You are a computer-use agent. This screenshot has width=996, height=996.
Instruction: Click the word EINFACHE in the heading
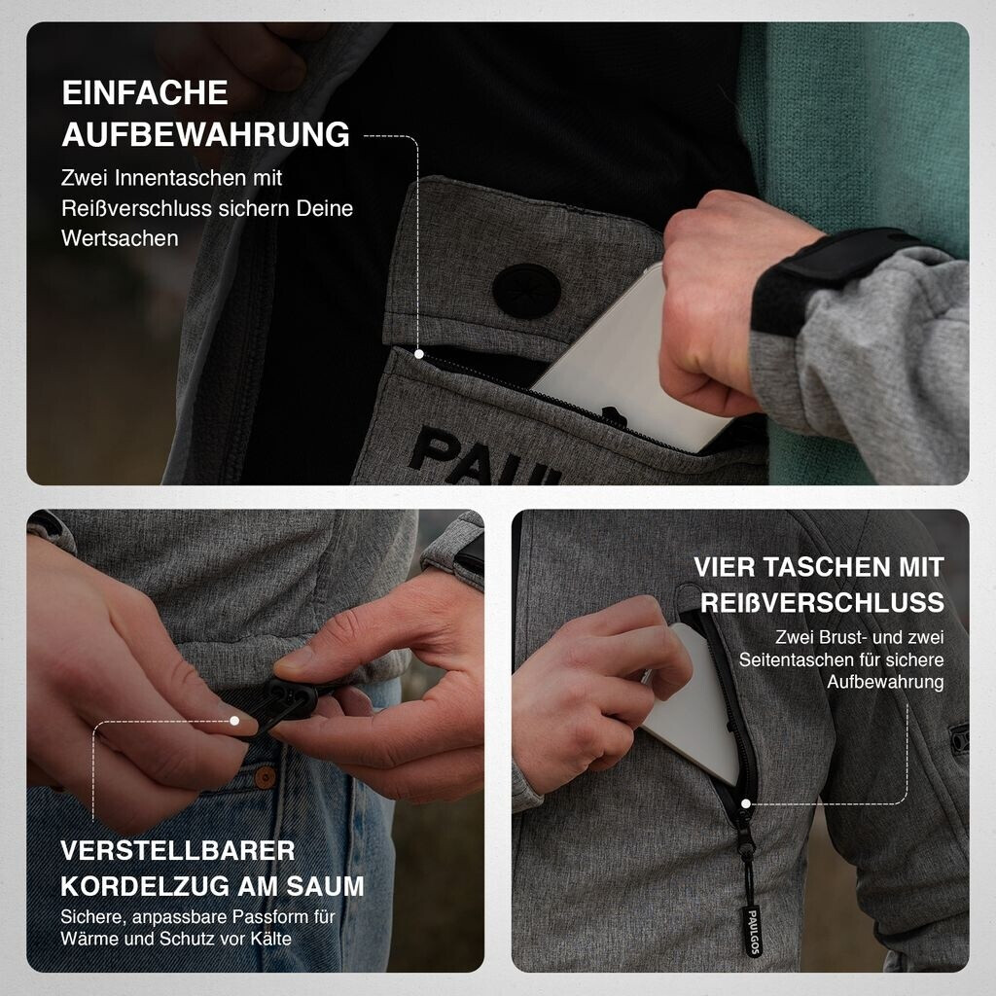145,93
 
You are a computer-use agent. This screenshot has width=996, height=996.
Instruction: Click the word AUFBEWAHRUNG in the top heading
206,134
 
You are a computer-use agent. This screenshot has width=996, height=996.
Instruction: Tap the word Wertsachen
120,238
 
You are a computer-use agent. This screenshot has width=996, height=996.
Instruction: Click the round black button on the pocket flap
526,290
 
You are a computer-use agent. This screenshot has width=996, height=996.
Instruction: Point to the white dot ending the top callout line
418,354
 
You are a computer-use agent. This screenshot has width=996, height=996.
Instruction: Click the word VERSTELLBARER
178,850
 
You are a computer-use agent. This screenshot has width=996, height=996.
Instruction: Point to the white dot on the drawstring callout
234,721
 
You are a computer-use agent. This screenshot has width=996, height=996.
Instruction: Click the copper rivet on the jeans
265,776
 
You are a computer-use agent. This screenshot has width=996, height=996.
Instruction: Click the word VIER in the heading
724,567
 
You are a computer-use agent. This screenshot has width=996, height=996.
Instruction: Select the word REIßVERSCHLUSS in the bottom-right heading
822,603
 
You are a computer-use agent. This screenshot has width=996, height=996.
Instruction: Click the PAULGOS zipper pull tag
752,930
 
